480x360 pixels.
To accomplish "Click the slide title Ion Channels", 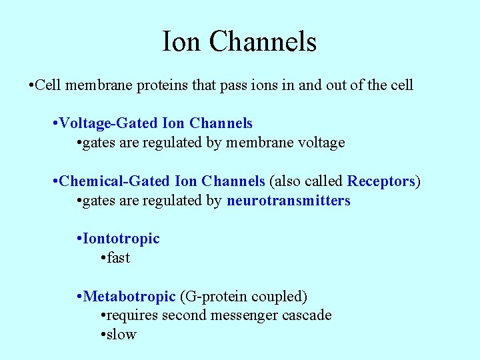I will [x=239, y=41].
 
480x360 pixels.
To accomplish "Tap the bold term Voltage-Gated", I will [x=109, y=123].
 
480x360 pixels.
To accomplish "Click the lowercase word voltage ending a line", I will [x=321, y=143].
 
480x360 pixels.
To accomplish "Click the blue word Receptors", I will [x=381, y=181].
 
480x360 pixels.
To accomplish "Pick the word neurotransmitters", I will [x=288, y=201].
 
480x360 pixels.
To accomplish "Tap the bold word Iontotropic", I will [x=121, y=239].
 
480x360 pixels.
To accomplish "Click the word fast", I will [x=118, y=258].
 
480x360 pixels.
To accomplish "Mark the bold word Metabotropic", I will [x=129, y=296].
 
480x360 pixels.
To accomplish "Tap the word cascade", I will [x=307, y=315].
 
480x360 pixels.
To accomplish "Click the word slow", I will [x=121, y=335].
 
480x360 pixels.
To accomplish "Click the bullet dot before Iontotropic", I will [x=79, y=239].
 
